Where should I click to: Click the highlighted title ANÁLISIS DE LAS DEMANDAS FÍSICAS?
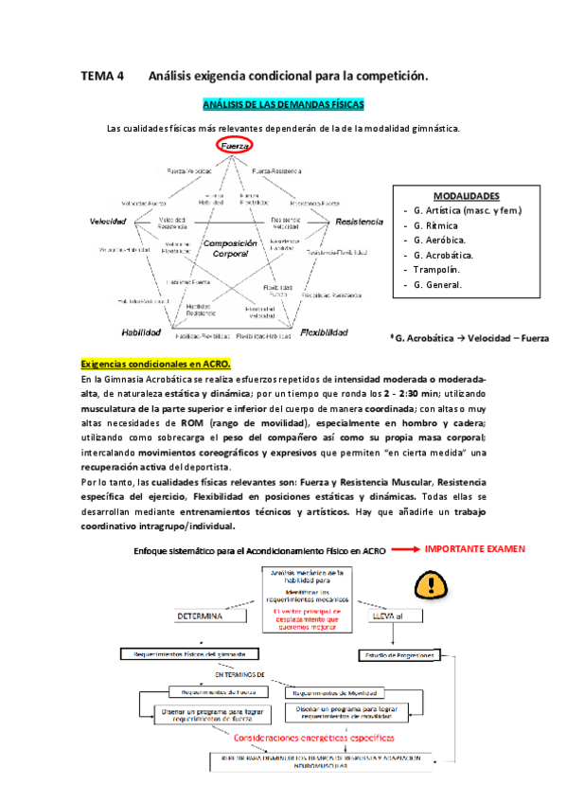283,105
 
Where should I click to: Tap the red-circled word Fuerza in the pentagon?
233,146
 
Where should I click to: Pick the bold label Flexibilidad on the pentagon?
325,332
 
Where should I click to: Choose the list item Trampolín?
435,270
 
